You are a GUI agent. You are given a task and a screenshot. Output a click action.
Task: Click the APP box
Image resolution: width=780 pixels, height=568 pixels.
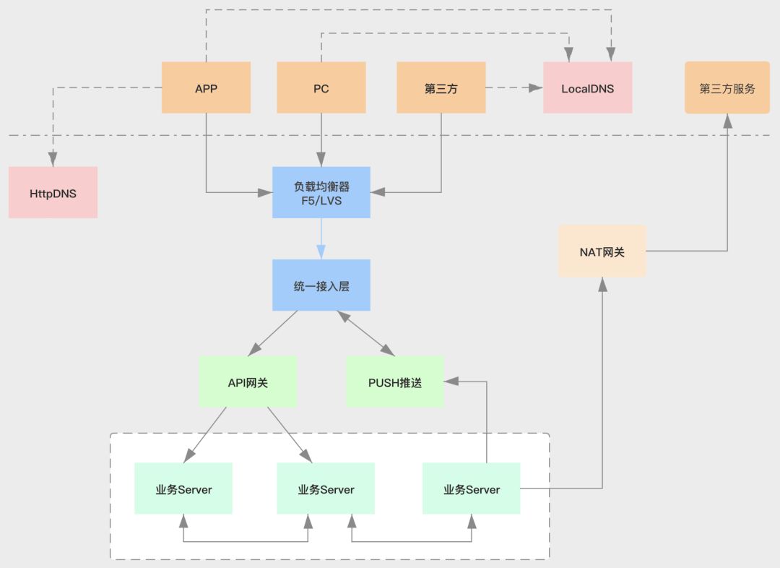point(206,87)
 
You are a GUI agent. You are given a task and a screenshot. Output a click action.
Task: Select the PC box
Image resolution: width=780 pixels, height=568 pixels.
point(321,87)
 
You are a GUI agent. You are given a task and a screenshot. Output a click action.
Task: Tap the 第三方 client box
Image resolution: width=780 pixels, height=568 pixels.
point(441,87)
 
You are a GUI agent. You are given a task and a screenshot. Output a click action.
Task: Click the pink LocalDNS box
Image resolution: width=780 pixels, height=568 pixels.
point(587,87)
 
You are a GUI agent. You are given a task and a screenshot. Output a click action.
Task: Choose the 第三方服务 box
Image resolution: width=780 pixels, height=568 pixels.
point(727,87)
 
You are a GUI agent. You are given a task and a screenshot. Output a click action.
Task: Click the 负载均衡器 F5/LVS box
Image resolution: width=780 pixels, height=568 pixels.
point(321,192)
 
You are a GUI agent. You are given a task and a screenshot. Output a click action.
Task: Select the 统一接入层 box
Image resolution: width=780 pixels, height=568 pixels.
point(321,285)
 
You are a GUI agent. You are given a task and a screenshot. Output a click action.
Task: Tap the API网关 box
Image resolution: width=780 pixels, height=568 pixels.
point(248,382)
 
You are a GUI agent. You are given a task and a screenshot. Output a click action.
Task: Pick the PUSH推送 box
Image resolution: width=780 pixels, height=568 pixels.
point(394,382)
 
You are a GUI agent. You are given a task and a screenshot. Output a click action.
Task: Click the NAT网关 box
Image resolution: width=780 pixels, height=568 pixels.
point(602,251)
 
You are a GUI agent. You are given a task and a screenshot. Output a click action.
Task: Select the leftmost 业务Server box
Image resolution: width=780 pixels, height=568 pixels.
point(183,489)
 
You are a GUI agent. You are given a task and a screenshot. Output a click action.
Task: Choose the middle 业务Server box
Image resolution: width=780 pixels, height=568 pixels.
point(326,489)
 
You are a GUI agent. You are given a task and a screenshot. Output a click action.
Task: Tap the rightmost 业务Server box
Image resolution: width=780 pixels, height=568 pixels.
point(471,489)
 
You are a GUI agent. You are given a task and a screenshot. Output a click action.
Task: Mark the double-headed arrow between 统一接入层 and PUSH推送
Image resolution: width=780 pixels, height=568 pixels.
point(366,332)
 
